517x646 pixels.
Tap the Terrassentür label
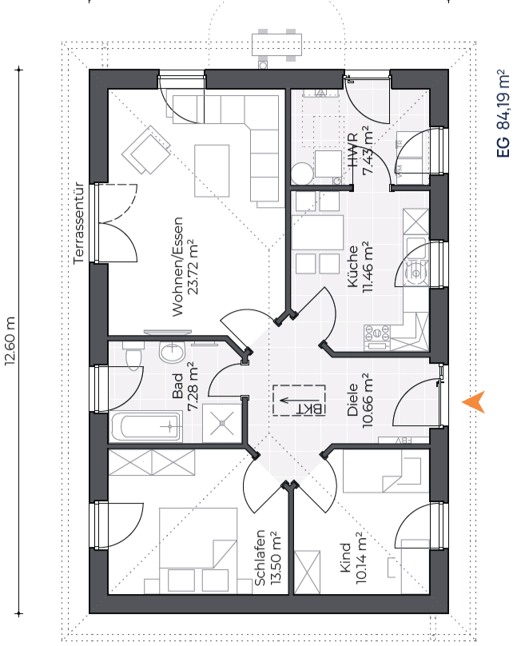tap(78, 223)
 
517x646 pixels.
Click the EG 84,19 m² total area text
tap(503, 114)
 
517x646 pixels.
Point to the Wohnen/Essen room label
tap(185, 266)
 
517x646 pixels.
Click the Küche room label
tap(360, 267)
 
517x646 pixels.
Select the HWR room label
tap(360, 150)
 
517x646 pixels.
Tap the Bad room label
tap(185, 386)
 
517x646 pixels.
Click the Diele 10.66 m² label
tap(360, 401)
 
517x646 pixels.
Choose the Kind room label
tap(352, 558)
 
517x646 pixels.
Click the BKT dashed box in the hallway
tap(299, 400)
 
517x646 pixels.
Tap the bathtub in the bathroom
tap(146, 427)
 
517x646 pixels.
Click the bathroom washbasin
tap(173, 352)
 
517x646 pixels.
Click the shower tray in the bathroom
tap(222, 423)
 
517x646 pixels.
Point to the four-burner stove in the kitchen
tap(377, 337)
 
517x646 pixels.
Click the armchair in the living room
tap(146, 150)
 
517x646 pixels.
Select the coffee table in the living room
tap(212, 170)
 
